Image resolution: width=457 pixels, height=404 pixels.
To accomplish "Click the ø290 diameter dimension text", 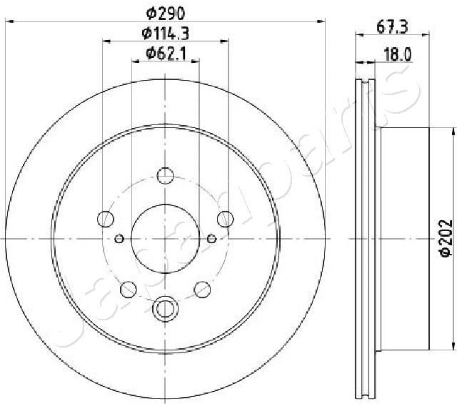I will coord(165,11).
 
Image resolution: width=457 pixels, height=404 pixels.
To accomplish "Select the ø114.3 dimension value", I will coord(165,32).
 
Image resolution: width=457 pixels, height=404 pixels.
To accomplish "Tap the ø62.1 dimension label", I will coord(165,52).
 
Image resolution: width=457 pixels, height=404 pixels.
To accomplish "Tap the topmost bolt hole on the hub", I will coord(165,174).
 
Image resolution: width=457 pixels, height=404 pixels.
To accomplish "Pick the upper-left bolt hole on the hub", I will coord(106,218).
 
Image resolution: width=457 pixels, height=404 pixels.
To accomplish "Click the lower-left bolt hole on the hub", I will coord(129,288).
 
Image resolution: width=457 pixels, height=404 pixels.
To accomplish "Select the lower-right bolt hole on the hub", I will coord(202,288).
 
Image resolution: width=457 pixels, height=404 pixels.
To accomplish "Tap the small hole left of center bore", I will coord(120,238).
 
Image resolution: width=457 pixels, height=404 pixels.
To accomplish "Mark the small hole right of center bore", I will coord(211,238).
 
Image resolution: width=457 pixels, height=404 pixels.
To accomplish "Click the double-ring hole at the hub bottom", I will coord(165,308).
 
